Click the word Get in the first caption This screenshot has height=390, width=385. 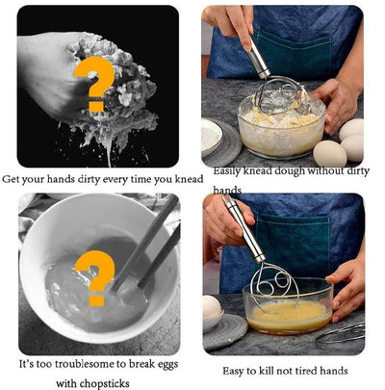pyautogui.click(x=12, y=179)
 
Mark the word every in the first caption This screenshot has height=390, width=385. pyautogui.click(x=120, y=179)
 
